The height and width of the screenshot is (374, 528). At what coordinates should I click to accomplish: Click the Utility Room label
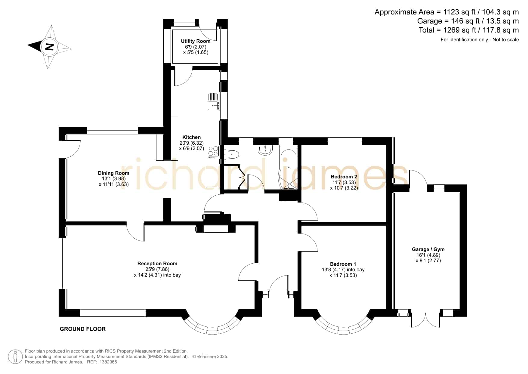click(x=196, y=41)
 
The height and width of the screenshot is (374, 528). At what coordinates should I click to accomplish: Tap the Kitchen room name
click(x=192, y=137)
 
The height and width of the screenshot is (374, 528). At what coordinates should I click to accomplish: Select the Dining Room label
click(x=114, y=173)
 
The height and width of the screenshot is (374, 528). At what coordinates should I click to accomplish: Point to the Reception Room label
click(x=157, y=263)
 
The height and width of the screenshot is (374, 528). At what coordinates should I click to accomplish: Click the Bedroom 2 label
click(x=344, y=177)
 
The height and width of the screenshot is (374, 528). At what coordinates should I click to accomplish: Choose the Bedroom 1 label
click(x=343, y=264)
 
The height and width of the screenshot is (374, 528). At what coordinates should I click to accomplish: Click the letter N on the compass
click(x=49, y=47)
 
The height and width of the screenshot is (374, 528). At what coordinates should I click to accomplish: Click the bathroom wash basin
click(x=265, y=150)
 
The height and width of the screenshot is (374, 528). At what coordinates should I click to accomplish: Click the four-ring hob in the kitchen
click(x=213, y=152)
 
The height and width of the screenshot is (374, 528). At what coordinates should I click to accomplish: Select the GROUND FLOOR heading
click(x=83, y=329)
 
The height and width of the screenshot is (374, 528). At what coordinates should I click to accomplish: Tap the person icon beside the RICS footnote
click(x=15, y=357)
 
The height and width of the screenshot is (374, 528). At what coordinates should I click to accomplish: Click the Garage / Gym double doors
click(x=426, y=321)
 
